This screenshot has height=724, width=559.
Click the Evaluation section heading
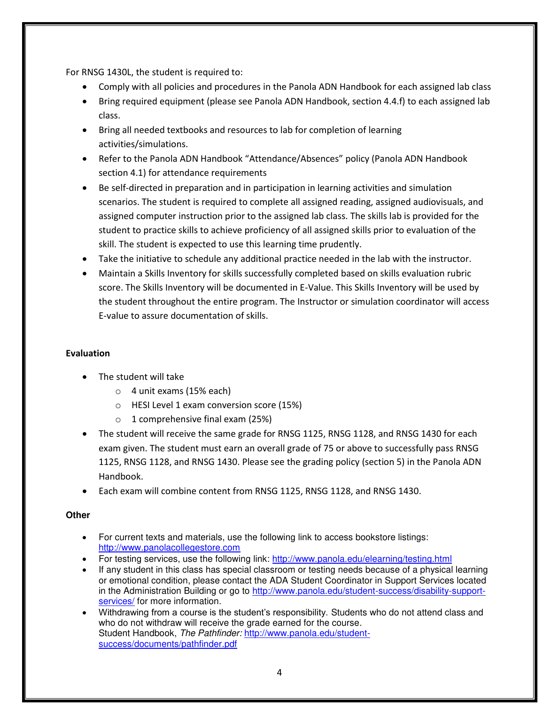click(88, 353)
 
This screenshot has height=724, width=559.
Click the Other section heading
click(78, 515)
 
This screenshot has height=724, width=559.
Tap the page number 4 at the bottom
click(279, 672)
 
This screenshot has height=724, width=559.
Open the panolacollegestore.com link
click(169, 548)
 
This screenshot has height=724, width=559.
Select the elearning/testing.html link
click(362, 559)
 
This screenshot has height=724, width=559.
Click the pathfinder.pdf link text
click(168, 644)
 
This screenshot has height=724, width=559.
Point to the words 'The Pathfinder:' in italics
click(211, 633)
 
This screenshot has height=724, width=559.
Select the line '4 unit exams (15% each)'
click(181, 391)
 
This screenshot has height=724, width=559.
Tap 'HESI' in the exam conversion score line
click(140, 405)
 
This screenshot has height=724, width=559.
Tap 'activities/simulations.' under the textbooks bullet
click(143, 144)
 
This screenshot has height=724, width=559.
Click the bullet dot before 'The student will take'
click(85, 377)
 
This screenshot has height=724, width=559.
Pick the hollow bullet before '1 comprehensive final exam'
click(118, 419)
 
